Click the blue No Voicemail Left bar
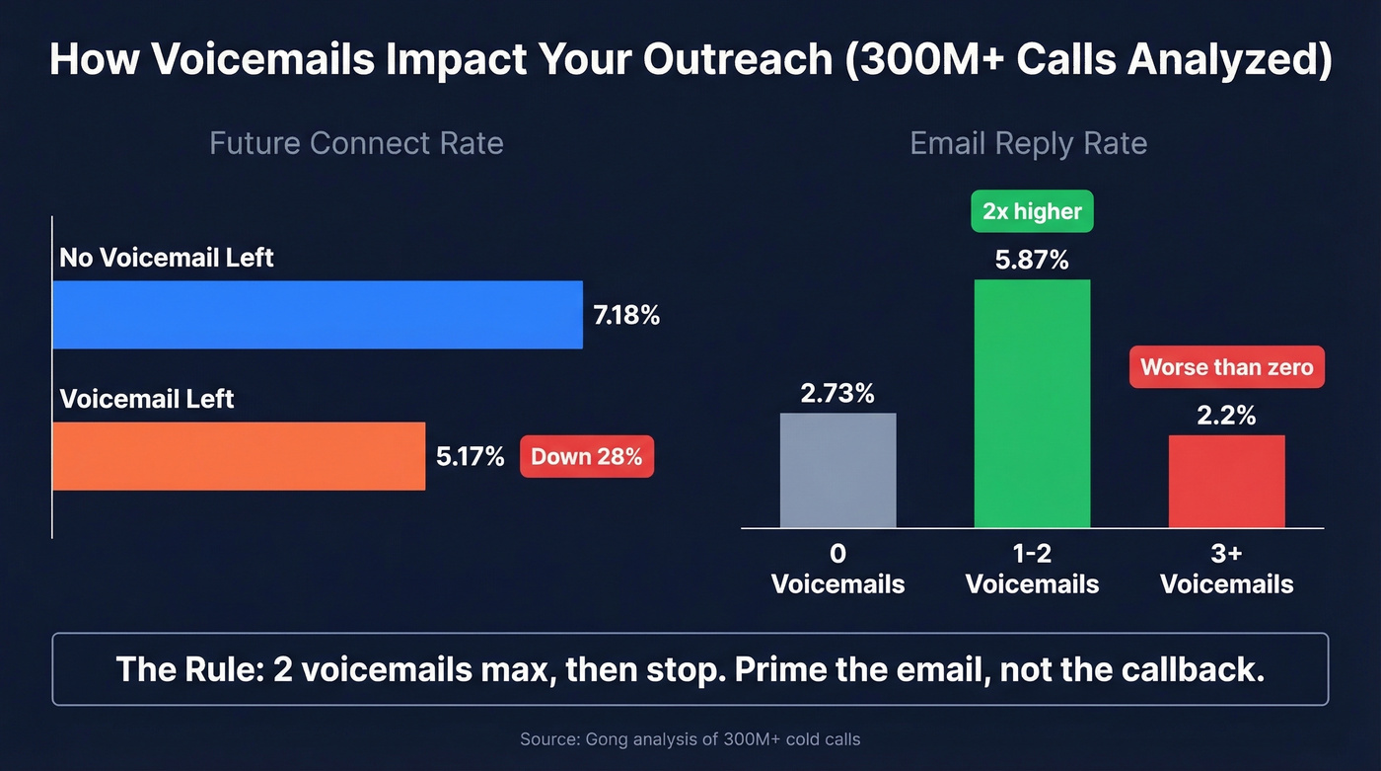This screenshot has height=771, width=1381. (317, 314)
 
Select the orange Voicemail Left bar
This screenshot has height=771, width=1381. (238, 456)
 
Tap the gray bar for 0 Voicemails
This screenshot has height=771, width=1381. (837, 470)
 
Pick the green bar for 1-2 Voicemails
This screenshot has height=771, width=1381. (1032, 403)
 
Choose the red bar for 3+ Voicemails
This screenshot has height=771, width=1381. (1226, 481)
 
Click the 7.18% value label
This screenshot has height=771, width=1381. (626, 316)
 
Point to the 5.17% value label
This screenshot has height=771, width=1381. (471, 457)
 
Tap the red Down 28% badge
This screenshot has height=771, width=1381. (586, 457)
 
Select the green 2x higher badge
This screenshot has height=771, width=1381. (1032, 211)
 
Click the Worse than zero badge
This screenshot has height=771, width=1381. (1226, 367)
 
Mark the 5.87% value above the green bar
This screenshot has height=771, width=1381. (1032, 260)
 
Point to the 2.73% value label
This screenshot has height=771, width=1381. (837, 393)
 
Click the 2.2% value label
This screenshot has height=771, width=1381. (1226, 416)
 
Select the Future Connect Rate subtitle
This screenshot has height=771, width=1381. (356, 143)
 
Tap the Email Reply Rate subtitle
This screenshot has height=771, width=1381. (1028, 143)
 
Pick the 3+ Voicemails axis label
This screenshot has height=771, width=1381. (1226, 569)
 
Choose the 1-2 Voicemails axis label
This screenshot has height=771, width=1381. (1032, 569)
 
